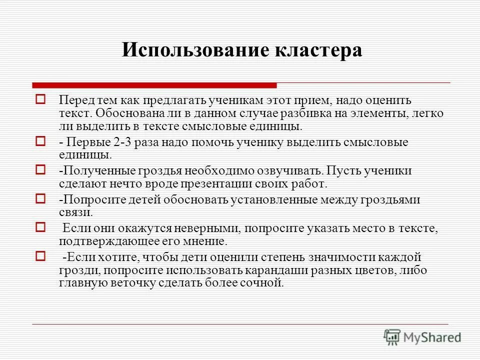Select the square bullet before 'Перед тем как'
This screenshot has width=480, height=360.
(41, 99)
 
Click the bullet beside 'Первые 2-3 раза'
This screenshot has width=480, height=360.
(41, 142)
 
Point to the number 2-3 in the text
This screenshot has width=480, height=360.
(125, 142)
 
